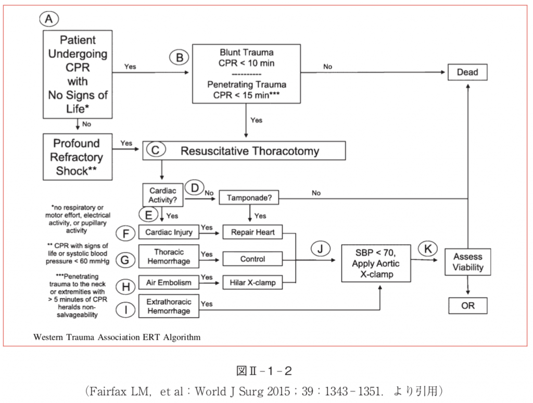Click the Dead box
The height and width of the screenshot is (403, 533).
click(467, 72)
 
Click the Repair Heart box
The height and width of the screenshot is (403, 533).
click(252, 232)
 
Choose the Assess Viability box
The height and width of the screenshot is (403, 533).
click(468, 262)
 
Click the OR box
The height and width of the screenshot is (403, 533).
click(467, 305)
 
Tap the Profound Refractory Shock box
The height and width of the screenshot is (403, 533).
click(77, 157)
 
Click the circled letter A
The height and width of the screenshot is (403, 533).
click(49, 19)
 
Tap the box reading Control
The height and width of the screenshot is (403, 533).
click(252, 259)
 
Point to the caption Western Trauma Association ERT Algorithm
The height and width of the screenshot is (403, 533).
click(117, 337)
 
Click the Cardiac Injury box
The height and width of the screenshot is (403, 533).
click(169, 232)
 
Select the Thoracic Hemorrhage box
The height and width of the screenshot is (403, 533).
click(169, 257)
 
